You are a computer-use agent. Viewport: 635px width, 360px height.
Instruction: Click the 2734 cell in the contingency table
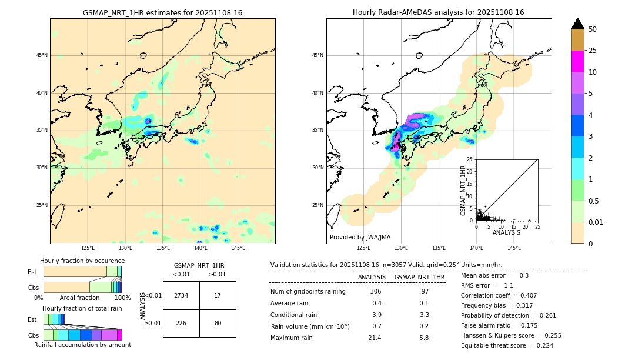pos(181,295)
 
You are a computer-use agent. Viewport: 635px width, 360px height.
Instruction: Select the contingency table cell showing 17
pos(218,295)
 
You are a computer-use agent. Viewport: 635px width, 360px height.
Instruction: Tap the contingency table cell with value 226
pos(181,323)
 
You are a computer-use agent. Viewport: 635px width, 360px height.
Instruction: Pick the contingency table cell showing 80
pos(218,323)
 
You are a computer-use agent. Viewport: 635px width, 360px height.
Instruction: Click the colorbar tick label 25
pos(593,51)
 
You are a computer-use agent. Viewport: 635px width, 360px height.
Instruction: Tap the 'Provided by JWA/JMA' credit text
pos(360,237)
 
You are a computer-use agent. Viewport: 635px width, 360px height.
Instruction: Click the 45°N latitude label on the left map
pos(42,55)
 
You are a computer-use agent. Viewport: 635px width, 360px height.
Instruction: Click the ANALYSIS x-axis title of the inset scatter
pos(506,232)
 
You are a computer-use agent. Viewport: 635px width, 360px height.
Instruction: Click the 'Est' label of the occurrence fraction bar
pos(32,272)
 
